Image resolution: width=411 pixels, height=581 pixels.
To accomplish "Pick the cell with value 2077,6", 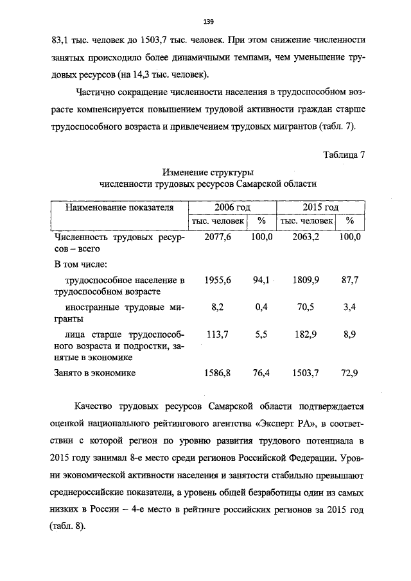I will click(x=217, y=237).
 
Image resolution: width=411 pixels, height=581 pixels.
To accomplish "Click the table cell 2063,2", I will click(x=306, y=237).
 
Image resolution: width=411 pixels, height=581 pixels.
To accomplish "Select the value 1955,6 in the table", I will click(x=217, y=280).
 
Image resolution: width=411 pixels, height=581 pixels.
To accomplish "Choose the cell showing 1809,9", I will click(x=306, y=280).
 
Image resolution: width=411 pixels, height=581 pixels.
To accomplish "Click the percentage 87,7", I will click(x=350, y=280).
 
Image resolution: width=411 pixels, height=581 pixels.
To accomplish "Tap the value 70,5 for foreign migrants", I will click(x=306, y=308).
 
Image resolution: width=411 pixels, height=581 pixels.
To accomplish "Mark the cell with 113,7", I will click(x=217, y=334).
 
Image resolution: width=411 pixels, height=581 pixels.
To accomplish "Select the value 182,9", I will click(x=306, y=334).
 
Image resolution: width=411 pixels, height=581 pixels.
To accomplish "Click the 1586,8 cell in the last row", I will click(x=217, y=372).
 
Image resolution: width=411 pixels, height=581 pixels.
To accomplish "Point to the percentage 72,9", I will click(x=350, y=372).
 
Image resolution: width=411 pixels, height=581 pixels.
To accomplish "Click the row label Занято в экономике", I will click(x=96, y=372).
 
